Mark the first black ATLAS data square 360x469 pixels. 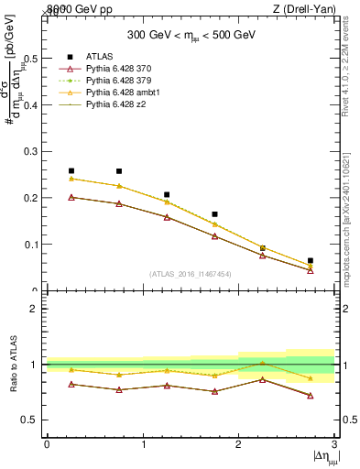(71, 170)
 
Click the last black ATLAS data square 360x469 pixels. (311, 260)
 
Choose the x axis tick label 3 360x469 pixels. (334, 443)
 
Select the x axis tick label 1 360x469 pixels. (143, 443)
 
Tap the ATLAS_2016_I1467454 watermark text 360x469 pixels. (191, 273)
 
